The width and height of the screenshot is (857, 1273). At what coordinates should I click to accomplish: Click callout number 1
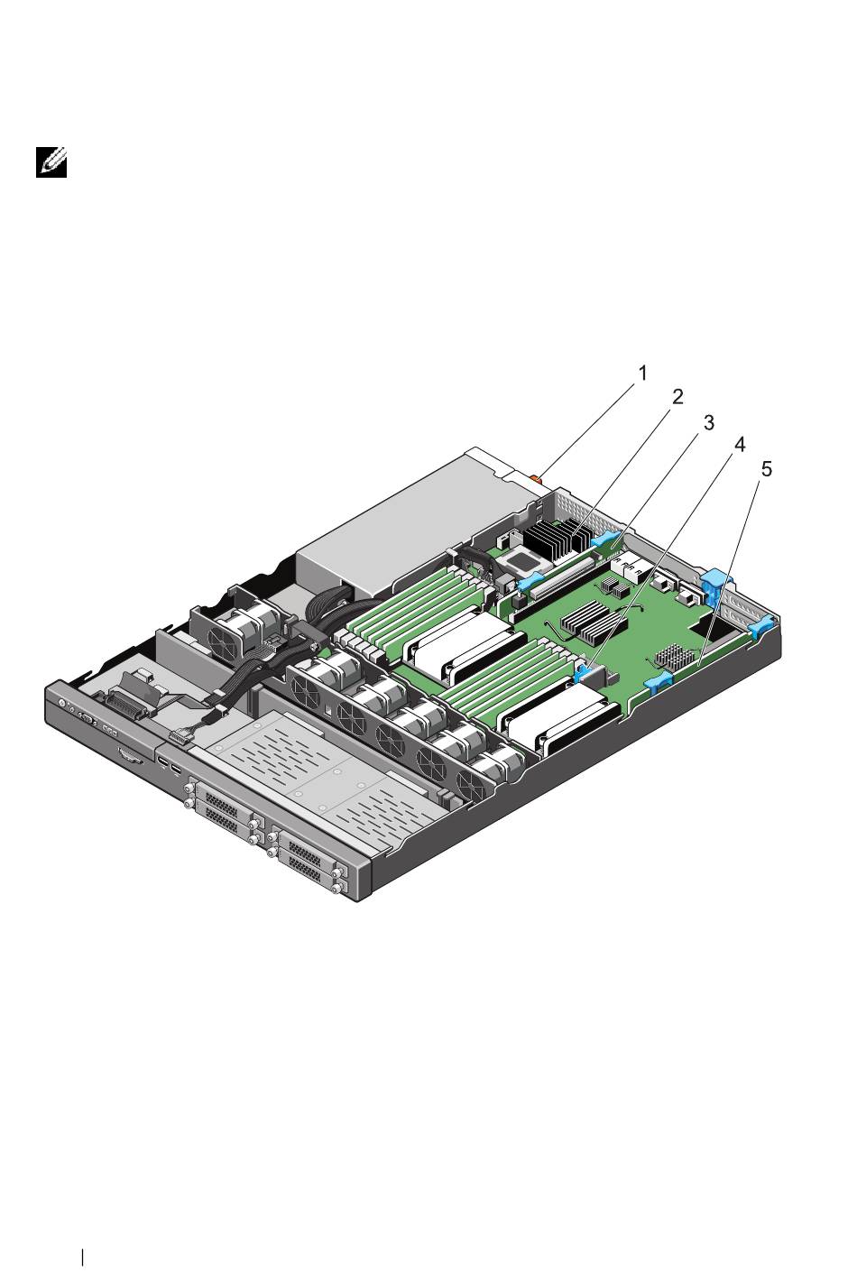(642, 374)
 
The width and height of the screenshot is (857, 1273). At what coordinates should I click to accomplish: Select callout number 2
(677, 398)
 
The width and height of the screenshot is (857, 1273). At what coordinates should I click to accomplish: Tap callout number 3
(708, 423)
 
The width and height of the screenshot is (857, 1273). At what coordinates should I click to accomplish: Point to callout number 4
(739, 445)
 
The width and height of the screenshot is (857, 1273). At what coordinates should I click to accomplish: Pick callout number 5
(767, 469)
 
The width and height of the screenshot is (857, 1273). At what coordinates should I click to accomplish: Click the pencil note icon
(51, 162)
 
